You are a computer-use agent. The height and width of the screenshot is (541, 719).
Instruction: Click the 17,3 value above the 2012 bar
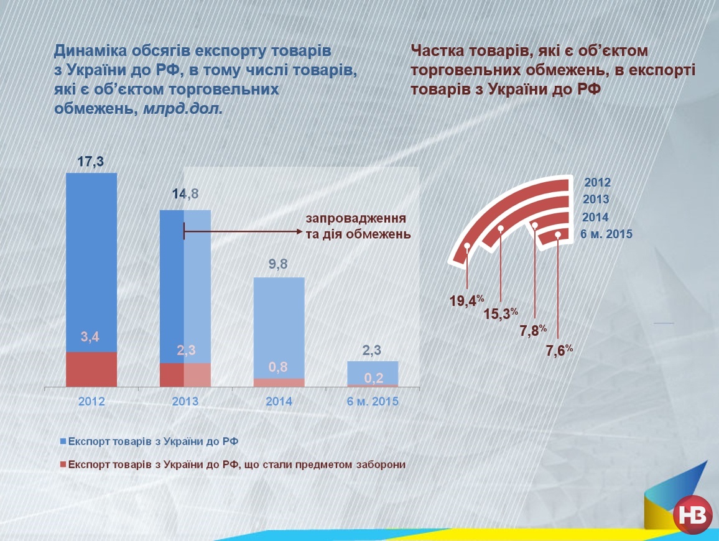coord(90,162)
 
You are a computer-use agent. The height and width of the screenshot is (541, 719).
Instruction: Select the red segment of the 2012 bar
coord(91,369)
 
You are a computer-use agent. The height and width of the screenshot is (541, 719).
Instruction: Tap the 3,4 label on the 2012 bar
coord(90,337)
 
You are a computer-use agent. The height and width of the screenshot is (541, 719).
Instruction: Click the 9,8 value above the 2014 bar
coord(278,265)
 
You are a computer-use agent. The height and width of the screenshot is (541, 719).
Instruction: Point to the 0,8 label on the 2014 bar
coord(279,367)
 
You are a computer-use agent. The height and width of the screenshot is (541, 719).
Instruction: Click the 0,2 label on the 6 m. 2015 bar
coord(373,377)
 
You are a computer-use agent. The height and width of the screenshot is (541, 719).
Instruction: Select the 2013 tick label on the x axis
coord(185,402)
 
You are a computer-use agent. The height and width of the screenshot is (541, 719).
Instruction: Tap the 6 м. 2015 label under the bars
coord(373,402)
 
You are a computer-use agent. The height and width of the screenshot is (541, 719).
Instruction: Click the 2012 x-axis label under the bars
coord(91,402)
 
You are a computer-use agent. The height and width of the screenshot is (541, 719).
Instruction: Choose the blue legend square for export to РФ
coord(62,441)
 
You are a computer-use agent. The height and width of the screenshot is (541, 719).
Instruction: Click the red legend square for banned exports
coord(62,465)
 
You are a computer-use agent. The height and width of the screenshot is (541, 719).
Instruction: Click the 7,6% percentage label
coord(559,351)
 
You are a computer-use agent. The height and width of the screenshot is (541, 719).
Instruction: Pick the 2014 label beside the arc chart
coord(595,218)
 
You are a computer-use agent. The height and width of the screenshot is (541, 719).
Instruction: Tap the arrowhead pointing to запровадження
coord(298,232)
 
